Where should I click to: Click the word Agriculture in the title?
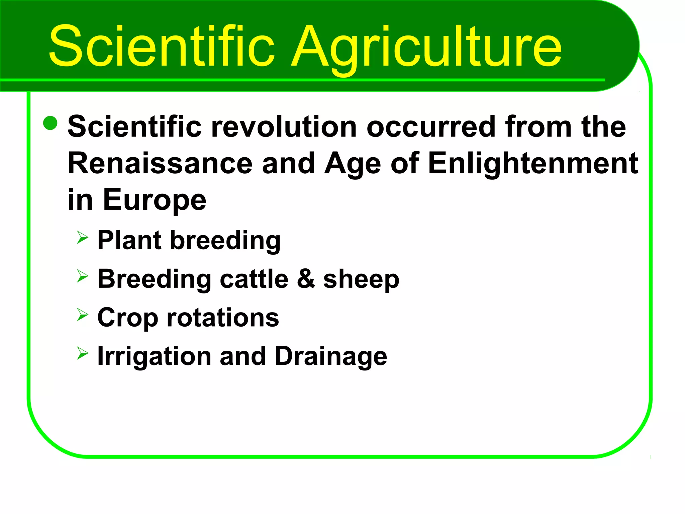pos(426,47)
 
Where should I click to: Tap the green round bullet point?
pos(51,123)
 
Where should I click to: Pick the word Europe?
pos(155,200)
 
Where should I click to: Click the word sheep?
pos(361,279)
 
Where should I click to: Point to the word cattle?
pos(254,279)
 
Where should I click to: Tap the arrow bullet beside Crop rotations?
pos(82,315)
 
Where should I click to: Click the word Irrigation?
pos(154,357)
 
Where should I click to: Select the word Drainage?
pos(331,357)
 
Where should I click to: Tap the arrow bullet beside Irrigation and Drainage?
pos(82,353)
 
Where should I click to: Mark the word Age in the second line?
pos(353,164)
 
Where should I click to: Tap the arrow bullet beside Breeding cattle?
pos(82,276)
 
